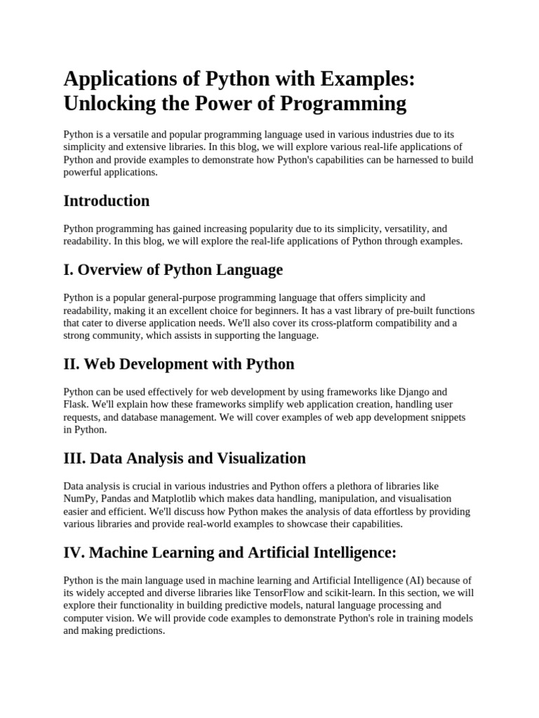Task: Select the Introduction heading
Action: tap(107, 201)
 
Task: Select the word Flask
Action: tap(76, 405)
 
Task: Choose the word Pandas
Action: tap(117, 499)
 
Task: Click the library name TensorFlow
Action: tap(333, 592)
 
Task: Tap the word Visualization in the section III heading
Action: tap(257, 458)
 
